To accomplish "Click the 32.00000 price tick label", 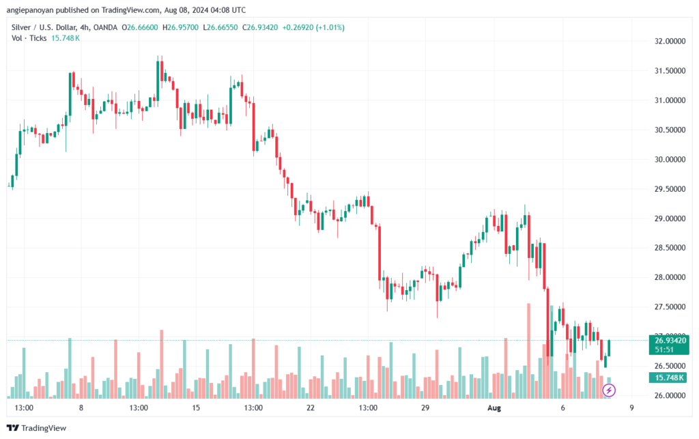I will tap(670, 41).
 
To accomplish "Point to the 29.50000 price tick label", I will tap(670, 189).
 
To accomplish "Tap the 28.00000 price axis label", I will tap(670, 278).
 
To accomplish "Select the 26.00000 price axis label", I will tap(670, 396).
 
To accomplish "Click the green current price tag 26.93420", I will tap(670, 340).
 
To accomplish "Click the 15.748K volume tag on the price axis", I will tap(670, 378).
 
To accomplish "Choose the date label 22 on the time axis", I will tap(311, 408).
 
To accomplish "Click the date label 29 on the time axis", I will tap(425, 408).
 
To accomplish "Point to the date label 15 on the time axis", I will tap(196, 408).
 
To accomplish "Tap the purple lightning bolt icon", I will tap(610, 390).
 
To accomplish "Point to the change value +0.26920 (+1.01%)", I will tap(317, 27).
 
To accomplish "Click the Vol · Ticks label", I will tap(29, 38).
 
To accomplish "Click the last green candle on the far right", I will tap(609, 348).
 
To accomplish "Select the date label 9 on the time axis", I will tap(632, 408).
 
